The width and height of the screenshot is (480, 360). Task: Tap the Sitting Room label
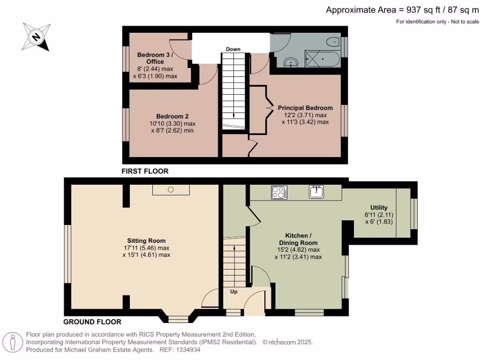147,241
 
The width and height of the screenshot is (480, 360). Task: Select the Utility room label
379,208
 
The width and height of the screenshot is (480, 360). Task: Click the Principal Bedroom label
305,108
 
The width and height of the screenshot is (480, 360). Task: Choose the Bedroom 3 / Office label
155,58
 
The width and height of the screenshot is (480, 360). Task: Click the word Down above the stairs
233,49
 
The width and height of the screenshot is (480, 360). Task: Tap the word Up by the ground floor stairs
233,291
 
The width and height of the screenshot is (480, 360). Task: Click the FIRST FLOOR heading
145,172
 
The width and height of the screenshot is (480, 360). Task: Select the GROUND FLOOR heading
92,322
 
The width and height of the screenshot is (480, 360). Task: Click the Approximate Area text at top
402,10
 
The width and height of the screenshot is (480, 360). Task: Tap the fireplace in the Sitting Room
171,189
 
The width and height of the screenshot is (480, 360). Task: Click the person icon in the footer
13,342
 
